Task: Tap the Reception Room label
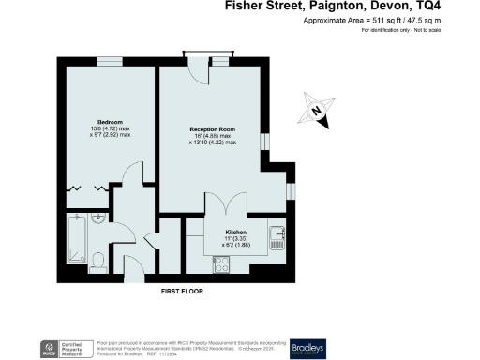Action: point(209,129)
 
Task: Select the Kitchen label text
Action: point(235,231)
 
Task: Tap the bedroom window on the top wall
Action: point(108,62)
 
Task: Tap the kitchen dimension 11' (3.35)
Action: point(235,238)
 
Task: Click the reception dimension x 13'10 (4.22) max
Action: point(210,143)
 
